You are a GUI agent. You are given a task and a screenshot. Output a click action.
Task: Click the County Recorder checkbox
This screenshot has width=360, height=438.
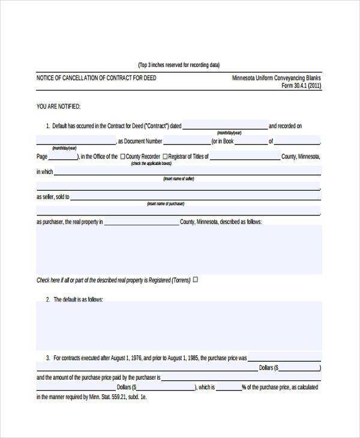[x=123, y=157]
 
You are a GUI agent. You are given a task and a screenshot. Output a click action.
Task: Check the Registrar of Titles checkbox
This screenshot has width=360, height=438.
[x=164, y=157]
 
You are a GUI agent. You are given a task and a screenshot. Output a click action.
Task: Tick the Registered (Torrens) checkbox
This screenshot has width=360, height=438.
[x=195, y=280]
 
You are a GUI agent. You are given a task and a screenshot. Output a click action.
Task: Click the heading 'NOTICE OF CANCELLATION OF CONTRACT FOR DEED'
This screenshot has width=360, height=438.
[x=97, y=78]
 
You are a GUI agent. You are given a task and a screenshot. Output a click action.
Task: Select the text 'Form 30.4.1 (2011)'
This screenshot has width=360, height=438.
[x=301, y=86]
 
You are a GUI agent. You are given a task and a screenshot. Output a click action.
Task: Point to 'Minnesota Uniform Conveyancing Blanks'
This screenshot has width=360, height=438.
[x=277, y=78]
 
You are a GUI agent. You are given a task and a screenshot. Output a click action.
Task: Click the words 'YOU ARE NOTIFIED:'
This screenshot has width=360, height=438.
[x=59, y=107]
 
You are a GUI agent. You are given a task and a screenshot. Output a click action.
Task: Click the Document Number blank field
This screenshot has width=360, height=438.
[x=187, y=142]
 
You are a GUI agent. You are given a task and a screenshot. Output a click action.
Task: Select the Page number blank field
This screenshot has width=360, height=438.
[x=62, y=157]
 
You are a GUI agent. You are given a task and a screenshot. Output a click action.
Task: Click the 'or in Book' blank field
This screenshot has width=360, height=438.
[x=251, y=142]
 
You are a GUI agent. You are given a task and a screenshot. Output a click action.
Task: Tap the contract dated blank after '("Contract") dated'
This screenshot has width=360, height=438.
[x=224, y=126]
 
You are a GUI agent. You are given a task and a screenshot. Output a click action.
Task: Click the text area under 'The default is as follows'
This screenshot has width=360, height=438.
[x=179, y=325]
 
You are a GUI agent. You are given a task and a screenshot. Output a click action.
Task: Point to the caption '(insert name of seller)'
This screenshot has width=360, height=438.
[x=179, y=179]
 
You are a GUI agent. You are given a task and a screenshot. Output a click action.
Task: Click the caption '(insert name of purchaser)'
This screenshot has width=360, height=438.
[x=166, y=204]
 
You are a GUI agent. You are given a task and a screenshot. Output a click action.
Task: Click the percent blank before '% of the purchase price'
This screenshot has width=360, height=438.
[x=228, y=388]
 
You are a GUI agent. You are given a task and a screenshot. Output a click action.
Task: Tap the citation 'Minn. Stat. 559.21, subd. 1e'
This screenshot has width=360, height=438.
[x=120, y=397]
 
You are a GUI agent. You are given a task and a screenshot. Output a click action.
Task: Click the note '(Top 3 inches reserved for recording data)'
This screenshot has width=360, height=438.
[x=179, y=65]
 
